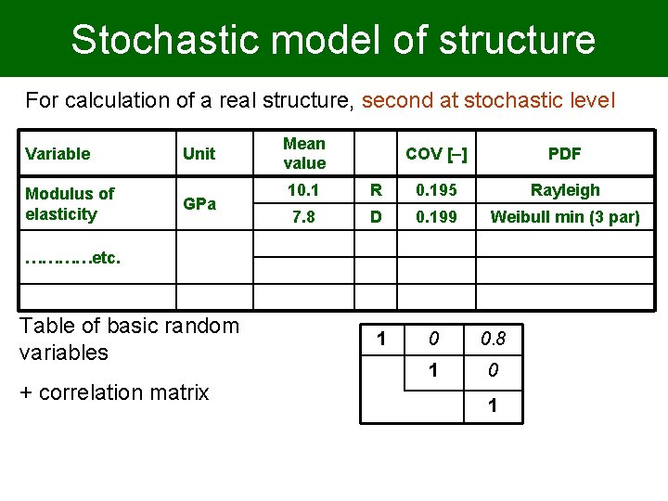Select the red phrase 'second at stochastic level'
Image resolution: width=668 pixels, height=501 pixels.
point(488,100)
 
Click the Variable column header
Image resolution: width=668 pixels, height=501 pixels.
point(58,154)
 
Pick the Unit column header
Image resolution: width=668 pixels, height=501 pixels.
point(199,154)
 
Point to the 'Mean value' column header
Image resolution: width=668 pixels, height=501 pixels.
point(304,154)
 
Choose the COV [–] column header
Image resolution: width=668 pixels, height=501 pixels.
point(435,154)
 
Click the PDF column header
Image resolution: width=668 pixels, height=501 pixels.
point(564,154)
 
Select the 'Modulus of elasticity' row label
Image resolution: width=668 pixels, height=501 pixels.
point(70,204)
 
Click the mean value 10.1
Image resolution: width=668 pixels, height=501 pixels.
point(304,190)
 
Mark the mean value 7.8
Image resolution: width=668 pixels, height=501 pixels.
point(304,217)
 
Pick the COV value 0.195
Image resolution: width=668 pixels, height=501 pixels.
point(435,190)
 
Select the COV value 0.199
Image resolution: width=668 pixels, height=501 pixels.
point(435,217)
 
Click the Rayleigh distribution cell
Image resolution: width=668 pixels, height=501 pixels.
point(564,190)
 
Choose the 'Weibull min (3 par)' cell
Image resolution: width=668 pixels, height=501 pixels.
point(564,217)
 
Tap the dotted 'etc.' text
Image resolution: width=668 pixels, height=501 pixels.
point(73,259)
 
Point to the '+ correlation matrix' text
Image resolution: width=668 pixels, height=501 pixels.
point(113,392)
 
